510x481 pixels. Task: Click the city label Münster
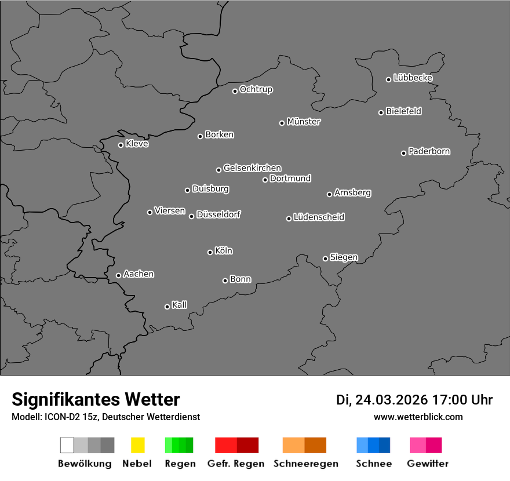coord(304,122)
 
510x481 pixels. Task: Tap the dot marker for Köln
coord(210,252)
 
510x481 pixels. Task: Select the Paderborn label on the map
coord(429,151)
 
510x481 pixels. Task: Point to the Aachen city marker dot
coord(118,275)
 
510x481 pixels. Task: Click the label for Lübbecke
coord(413,78)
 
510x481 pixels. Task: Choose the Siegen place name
coord(344,257)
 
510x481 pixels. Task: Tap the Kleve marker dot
coord(121,145)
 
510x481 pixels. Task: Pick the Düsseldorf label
coord(218,214)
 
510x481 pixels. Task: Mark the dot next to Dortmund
coord(265,180)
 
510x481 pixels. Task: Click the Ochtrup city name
coord(256,89)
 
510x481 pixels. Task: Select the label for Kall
coord(180,305)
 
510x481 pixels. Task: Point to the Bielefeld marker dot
coord(381,112)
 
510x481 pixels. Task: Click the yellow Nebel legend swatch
coord(137,445)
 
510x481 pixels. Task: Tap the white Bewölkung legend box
coord(67,445)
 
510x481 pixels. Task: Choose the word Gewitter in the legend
coord(428,464)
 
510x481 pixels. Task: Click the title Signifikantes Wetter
coord(96,399)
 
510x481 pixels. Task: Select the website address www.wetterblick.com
coord(418,417)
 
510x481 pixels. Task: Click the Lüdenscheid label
coord(319,217)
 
